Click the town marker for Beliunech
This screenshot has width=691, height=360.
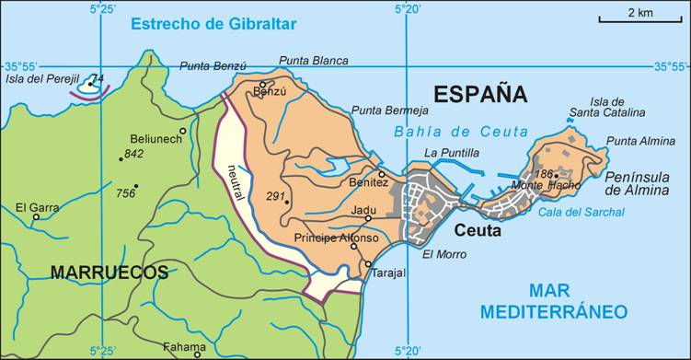(x=183, y=131)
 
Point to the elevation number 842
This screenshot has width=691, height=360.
(x=134, y=155)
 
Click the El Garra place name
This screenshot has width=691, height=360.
(x=37, y=208)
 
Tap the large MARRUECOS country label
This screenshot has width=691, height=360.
(x=109, y=272)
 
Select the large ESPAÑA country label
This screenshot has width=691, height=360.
(x=480, y=94)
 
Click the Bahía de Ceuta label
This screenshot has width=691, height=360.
(x=461, y=132)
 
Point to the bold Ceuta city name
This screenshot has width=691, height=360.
(x=477, y=230)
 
